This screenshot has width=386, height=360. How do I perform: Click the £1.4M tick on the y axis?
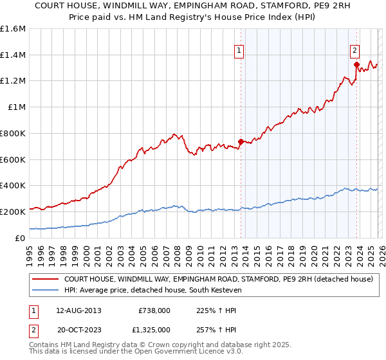coord(13,55)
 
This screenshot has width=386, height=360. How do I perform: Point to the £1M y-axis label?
coord(15,107)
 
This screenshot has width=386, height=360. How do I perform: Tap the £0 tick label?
coord(21,238)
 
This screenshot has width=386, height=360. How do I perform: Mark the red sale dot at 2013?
coord(241,141)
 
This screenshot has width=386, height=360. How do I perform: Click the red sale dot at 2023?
coord(356,64)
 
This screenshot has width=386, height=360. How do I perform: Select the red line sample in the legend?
coord(46,279)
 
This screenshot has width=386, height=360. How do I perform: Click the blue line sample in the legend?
coord(46,290)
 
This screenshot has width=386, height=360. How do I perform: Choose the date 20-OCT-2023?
coord(78,330)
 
